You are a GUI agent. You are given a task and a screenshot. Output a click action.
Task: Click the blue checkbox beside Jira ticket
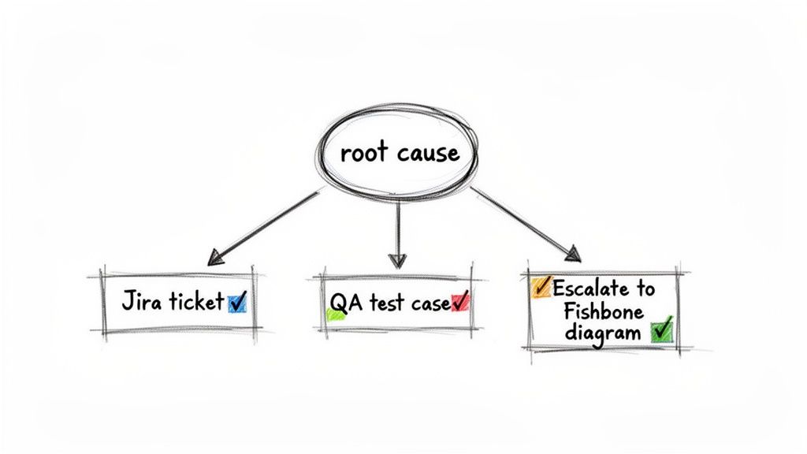(x=237, y=302)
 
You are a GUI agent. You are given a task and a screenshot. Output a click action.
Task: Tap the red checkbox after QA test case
(x=460, y=302)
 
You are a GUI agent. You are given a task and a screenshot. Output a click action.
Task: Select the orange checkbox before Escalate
(x=541, y=287)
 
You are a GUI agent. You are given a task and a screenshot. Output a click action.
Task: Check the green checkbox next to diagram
(x=662, y=330)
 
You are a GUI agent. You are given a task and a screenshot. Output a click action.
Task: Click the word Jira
(x=138, y=302)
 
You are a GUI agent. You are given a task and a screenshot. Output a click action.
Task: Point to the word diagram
(x=602, y=333)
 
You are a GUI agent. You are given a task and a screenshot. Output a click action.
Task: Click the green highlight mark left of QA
(x=335, y=314)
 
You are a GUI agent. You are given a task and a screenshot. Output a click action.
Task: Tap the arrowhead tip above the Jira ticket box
(x=210, y=262)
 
